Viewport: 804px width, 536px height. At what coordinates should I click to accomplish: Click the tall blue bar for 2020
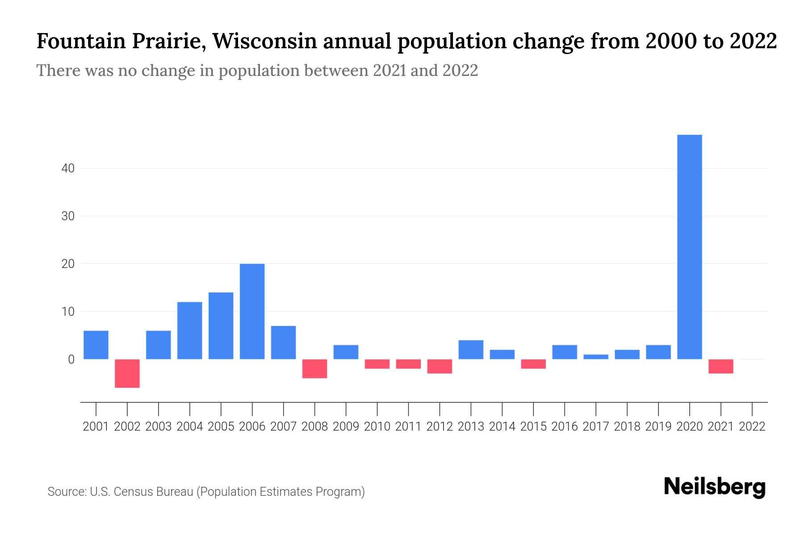(x=690, y=247)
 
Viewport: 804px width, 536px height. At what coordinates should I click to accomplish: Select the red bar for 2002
(x=127, y=373)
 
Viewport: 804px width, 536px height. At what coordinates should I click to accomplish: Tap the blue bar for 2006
(x=252, y=311)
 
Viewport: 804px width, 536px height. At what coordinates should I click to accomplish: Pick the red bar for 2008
(x=315, y=368)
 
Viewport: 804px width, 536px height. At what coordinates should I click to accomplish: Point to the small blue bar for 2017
(x=596, y=356)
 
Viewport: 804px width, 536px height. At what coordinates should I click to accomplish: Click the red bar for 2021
(x=721, y=366)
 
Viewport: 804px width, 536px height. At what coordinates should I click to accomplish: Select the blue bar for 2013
(x=471, y=350)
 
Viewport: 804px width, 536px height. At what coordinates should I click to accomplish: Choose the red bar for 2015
(x=533, y=364)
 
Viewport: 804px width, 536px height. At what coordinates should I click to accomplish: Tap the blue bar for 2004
(x=190, y=331)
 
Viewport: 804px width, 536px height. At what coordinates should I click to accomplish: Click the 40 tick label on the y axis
(x=68, y=168)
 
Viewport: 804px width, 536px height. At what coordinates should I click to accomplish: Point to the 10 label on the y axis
(x=68, y=311)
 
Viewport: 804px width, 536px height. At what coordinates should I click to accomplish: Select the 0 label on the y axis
(x=71, y=359)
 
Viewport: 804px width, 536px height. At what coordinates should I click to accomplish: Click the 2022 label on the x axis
(x=752, y=427)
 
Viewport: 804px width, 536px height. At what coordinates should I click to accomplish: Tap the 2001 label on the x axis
(x=96, y=427)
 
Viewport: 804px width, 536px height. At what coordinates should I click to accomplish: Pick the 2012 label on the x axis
(x=440, y=427)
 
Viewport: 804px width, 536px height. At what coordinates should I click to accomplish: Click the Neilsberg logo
(x=715, y=487)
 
